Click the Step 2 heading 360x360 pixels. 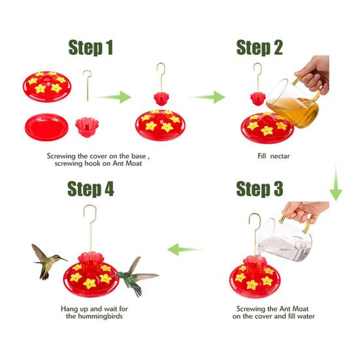[x=259, y=48]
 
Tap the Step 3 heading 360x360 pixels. [x=259, y=189]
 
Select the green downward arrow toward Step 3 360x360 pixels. [x=336, y=184]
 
